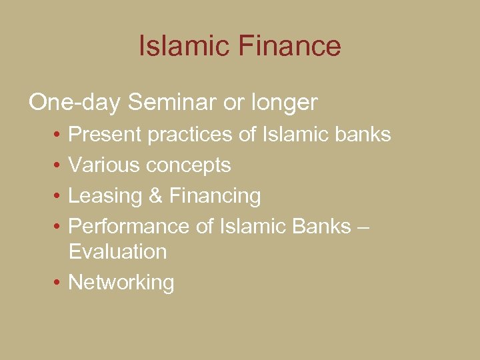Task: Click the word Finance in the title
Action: point(288,46)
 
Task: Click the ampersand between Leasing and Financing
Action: point(155,196)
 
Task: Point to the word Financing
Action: point(215,197)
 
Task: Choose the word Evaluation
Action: point(117,251)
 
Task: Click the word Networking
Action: point(121,283)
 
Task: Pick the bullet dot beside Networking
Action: point(59,283)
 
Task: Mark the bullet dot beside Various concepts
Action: point(59,165)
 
